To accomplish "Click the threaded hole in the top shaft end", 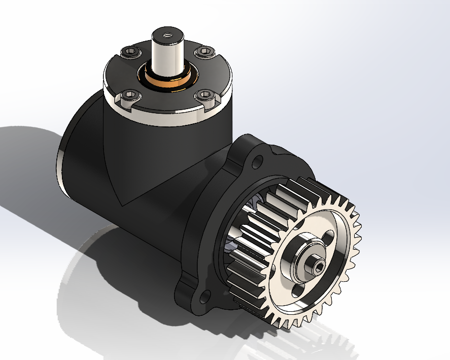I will click(167, 36).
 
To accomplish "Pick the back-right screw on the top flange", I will click(204, 51).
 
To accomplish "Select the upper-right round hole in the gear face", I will click(329, 237).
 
